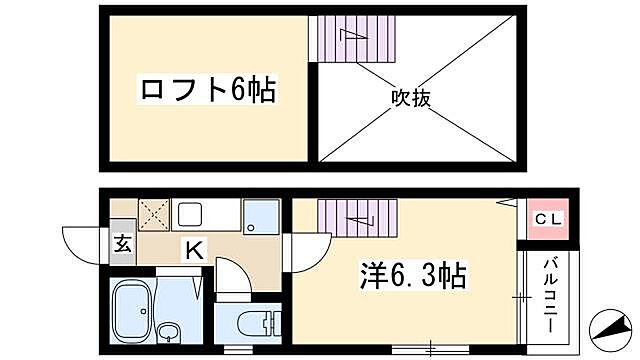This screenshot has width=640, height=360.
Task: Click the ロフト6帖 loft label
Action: click(x=207, y=92)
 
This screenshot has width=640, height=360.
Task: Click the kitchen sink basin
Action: click(x=191, y=214)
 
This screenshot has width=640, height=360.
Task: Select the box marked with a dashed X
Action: click(x=153, y=213)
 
